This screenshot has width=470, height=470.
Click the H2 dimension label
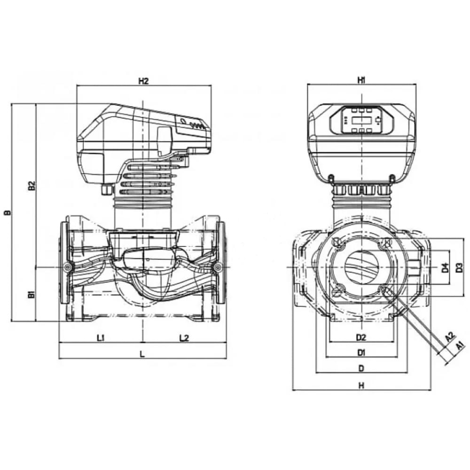(x=143, y=81)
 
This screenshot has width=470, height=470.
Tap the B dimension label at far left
(x=8, y=212)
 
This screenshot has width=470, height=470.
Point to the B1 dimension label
(x=31, y=295)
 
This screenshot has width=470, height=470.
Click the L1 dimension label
(x=101, y=337)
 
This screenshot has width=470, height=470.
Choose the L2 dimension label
(x=184, y=337)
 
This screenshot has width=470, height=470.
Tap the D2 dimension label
(x=361, y=337)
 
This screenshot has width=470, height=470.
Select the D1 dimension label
(x=361, y=352)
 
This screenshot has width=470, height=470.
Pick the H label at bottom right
(x=361, y=385)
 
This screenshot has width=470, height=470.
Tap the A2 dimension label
(x=449, y=337)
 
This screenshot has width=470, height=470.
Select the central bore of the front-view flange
(x=361, y=267)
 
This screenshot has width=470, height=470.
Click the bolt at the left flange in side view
(x=69, y=267)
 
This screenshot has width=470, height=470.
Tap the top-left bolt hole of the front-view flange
(x=337, y=243)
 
